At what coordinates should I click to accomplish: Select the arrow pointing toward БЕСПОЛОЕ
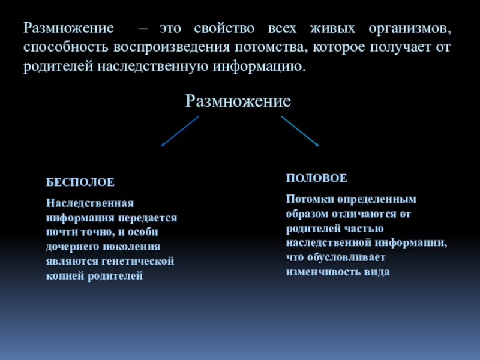[x=180, y=131]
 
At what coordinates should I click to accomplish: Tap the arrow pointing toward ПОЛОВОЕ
[x=299, y=131]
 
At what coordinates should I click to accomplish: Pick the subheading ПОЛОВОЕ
[x=316, y=179]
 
